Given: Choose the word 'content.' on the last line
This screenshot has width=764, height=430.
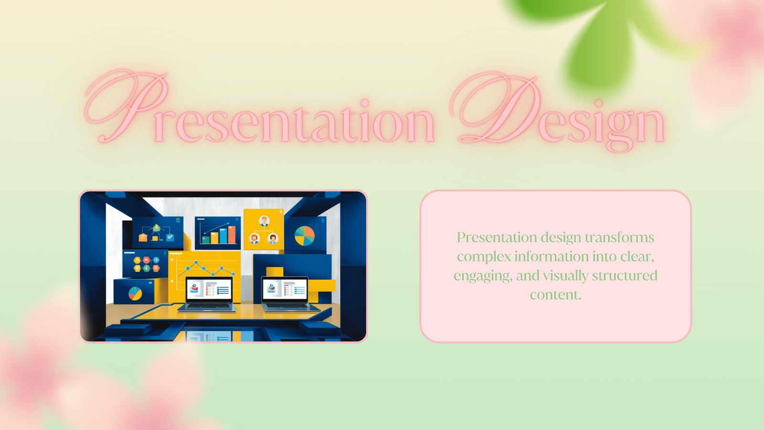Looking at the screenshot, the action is pyautogui.click(x=556, y=294).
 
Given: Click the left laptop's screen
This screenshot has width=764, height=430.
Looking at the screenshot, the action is pyautogui.click(x=209, y=289).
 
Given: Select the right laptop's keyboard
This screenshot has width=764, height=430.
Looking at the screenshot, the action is pyautogui.click(x=289, y=306).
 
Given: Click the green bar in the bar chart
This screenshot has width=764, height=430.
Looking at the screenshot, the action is pyautogui.click(x=206, y=239).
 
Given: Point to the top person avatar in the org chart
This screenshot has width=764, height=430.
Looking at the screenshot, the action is pyautogui.click(x=264, y=221).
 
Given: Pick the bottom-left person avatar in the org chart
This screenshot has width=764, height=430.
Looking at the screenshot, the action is pyautogui.click(x=255, y=238).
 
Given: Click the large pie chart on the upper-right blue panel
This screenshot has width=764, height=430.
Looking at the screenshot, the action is pyautogui.click(x=305, y=236).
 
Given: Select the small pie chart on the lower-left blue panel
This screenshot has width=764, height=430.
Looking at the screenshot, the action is pyautogui.click(x=135, y=293).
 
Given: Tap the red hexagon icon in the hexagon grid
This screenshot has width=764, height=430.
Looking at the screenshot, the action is pyautogui.click(x=147, y=260).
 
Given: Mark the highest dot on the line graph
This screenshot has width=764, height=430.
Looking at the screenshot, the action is pyautogui.click(x=196, y=263).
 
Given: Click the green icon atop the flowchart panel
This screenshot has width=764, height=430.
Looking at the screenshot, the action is pyautogui.click(x=156, y=227).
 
